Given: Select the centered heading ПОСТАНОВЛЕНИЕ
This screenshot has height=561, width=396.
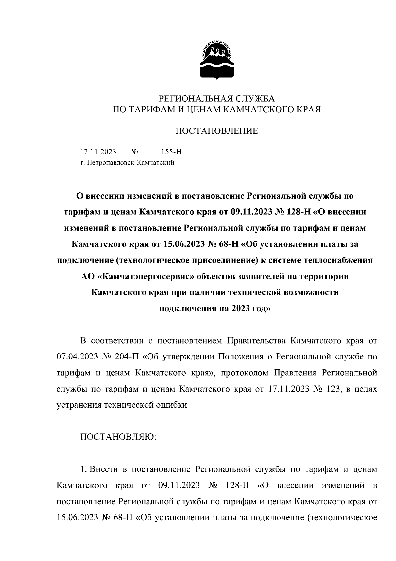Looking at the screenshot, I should pos(216,131).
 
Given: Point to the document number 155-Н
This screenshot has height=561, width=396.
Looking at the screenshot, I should pos(171,152).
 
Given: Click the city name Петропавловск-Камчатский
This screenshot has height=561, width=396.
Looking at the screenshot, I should pos(130,163).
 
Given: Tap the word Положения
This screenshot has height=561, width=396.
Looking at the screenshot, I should pos(240,357).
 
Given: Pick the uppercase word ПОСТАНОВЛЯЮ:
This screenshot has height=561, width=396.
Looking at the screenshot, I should pos(118,437).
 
